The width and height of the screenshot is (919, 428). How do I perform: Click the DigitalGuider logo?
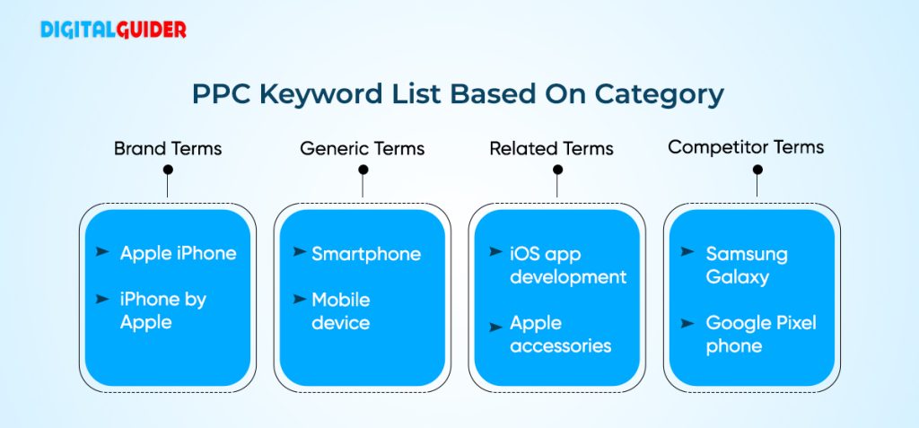[x=113, y=30]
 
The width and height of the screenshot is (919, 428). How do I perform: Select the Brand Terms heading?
[x=167, y=148]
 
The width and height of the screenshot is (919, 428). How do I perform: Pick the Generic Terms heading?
[x=362, y=148]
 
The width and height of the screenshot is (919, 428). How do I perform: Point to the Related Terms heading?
[x=551, y=148]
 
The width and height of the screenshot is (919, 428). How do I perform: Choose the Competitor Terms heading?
[x=746, y=147]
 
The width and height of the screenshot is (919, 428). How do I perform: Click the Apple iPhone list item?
[x=178, y=253]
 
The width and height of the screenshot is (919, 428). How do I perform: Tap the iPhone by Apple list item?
[x=162, y=310]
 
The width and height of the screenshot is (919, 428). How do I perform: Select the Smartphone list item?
[x=366, y=254]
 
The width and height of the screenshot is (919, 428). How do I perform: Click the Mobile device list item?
[x=341, y=310]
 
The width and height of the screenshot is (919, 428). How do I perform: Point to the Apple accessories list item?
[x=560, y=334]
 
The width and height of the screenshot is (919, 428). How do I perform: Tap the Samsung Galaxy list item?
[x=746, y=265]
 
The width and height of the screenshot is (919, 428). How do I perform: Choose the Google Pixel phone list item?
[x=760, y=334]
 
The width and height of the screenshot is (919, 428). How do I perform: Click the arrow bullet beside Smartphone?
[x=299, y=252]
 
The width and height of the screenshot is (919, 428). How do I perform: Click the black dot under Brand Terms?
[x=168, y=170]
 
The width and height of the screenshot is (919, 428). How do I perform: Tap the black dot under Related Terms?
[x=557, y=170]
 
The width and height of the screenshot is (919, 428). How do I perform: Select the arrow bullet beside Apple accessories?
[x=495, y=321]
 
